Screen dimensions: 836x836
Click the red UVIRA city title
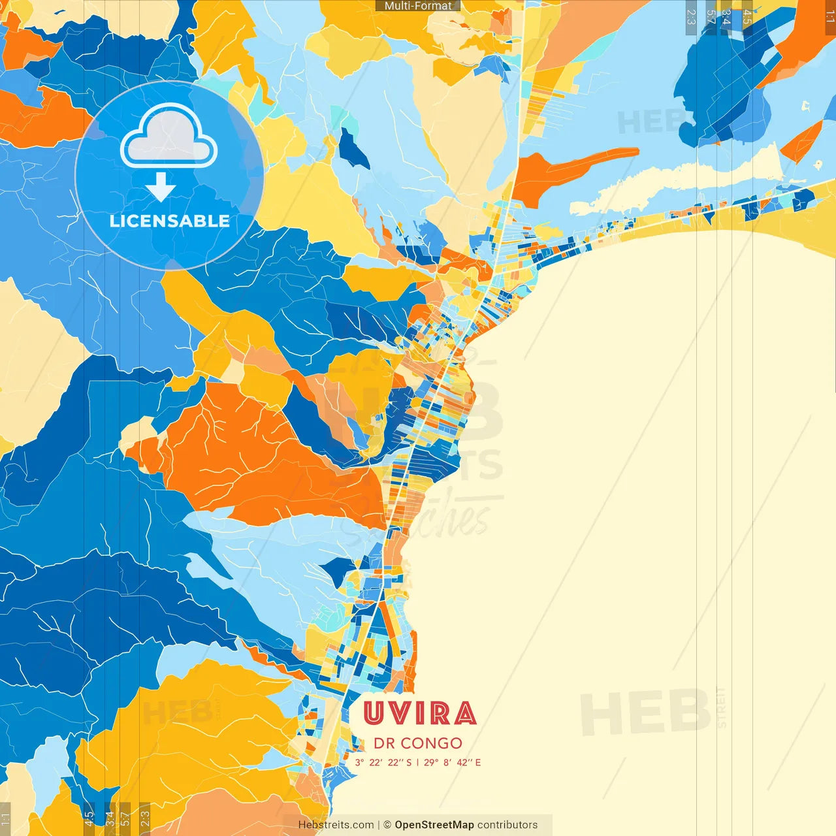click(x=419, y=713)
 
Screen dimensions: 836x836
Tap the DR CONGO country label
click(x=418, y=743)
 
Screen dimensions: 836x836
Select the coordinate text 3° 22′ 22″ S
click(x=383, y=762)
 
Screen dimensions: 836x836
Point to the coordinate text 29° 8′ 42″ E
click(x=452, y=762)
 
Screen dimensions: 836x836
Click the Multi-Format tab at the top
click(x=418, y=6)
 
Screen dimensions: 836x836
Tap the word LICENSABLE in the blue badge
click(x=170, y=221)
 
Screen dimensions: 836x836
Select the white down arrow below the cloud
click(x=161, y=187)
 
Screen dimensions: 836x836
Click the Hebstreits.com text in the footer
click(x=336, y=825)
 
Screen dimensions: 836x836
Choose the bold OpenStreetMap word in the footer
click(x=434, y=825)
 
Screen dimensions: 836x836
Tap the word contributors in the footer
click(x=507, y=825)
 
